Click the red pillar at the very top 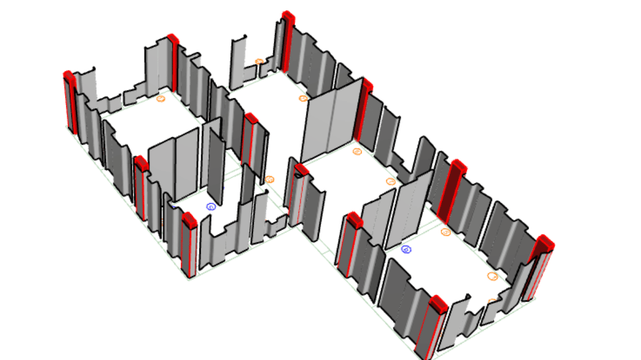tap(288, 42)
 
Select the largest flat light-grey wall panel tap(330, 121)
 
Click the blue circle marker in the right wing tap(406, 249)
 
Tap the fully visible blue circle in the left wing tap(211, 206)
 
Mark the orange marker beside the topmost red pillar tap(259, 61)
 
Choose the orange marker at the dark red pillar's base tap(445, 232)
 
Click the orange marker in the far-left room tap(160, 98)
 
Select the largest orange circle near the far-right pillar tap(493, 276)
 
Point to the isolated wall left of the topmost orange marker tap(238, 62)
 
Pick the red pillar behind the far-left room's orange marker tap(173, 62)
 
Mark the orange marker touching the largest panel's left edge tap(304, 98)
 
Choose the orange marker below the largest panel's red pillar tap(357, 151)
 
